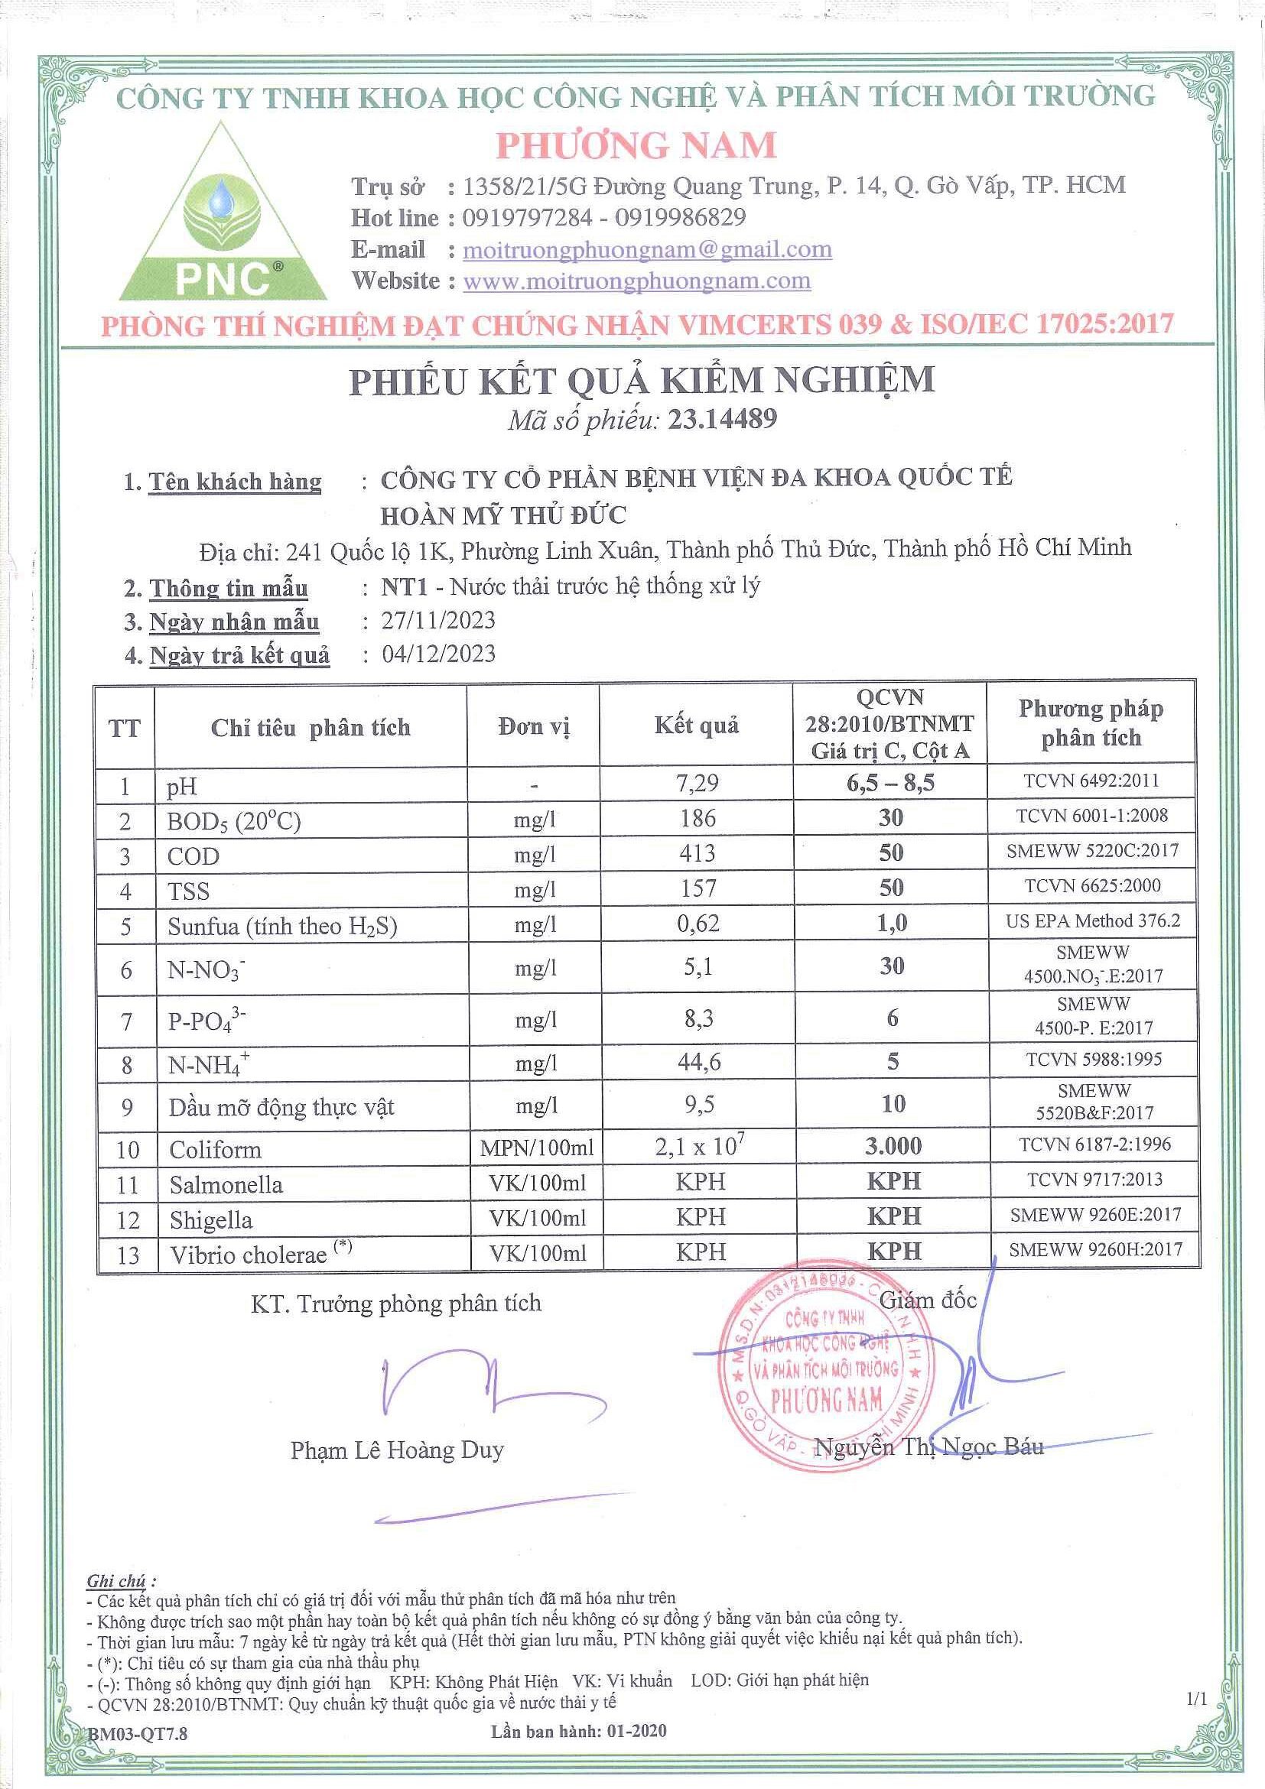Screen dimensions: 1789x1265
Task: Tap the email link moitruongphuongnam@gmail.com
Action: click(x=647, y=249)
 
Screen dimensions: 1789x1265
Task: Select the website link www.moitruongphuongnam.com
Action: click(x=637, y=281)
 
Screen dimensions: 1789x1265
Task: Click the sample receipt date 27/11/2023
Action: click(x=438, y=620)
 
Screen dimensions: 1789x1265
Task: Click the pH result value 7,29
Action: click(x=697, y=783)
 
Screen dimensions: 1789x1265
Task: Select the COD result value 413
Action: click(x=697, y=853)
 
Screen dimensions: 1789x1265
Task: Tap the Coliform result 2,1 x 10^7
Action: click(x=700, y=1147)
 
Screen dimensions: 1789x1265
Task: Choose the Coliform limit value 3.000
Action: click(x=893, y=1146)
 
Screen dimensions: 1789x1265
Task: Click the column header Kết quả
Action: click(x=696, y=726)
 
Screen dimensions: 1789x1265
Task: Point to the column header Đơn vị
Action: click(x=534, y=727)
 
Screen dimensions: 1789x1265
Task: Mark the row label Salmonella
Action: click(x=226, y=1185)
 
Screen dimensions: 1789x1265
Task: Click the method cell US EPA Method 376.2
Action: click(x=1092, y=921)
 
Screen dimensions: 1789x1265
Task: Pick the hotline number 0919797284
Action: click(x=527, y=217)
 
